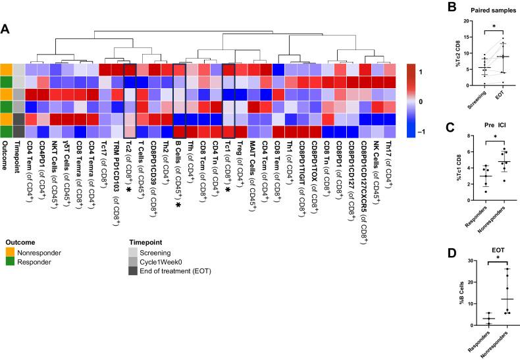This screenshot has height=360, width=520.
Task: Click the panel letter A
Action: (5, 28)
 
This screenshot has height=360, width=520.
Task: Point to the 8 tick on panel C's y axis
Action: (448, 136)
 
